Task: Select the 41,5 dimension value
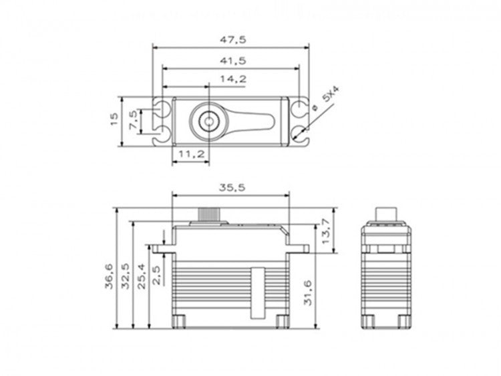[x=232, y=60]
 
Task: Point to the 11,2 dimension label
[x=192, y=154]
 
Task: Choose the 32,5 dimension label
[x=126, y=276]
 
